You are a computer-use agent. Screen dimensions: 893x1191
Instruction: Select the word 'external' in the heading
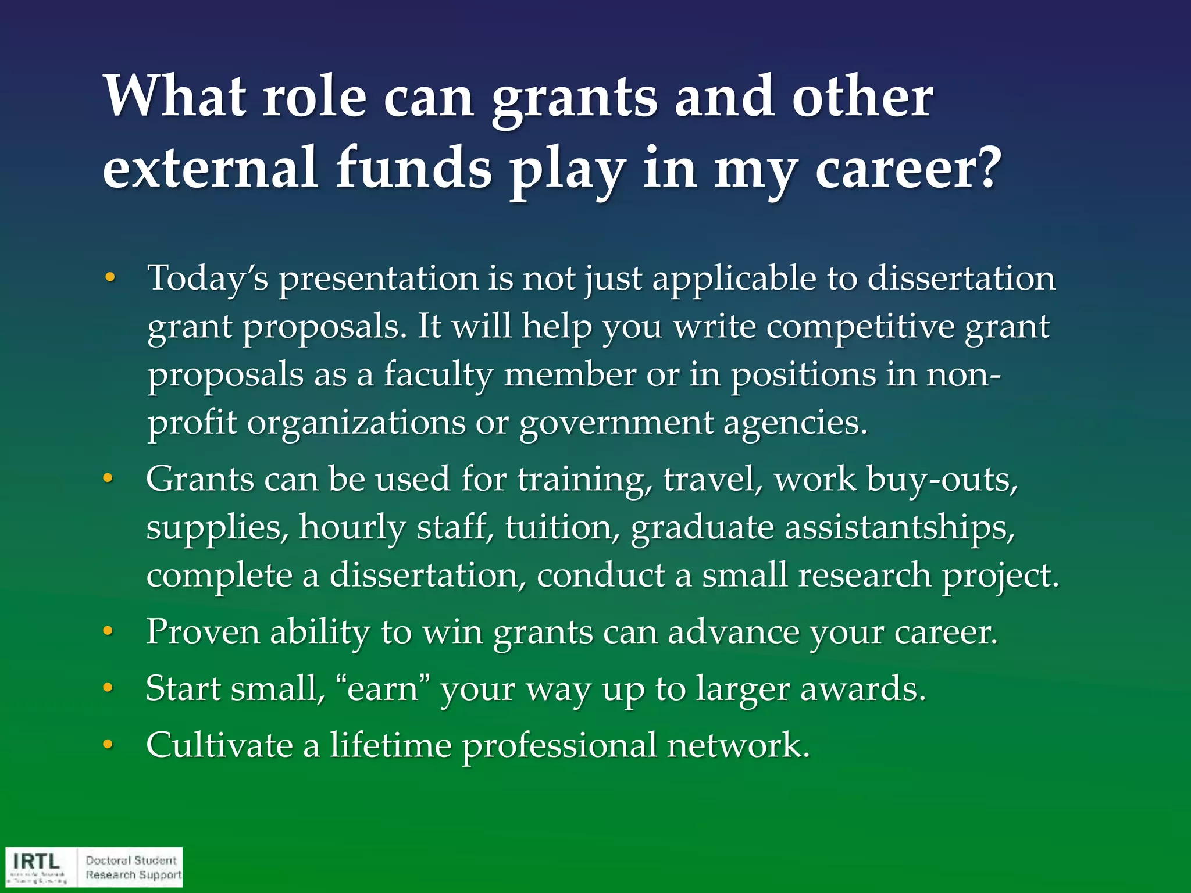(211, 169)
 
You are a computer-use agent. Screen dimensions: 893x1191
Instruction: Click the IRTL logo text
(37, 861)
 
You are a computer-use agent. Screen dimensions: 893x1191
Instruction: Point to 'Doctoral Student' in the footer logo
(131, 860)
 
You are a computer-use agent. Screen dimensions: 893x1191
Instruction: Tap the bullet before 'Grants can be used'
(108, 480)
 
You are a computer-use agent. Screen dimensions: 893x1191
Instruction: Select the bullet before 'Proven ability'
(108, 632)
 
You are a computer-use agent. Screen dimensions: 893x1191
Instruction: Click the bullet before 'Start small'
(108, 689)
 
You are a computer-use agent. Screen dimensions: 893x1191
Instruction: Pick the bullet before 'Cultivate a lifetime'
(108, 745)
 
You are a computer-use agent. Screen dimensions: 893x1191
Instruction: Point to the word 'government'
(616, 423)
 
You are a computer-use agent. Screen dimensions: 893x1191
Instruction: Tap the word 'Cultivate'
(219, 745)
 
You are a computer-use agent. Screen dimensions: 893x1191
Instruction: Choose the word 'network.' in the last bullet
(739, 745)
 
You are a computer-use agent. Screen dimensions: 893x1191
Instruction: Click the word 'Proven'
(203, 632)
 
